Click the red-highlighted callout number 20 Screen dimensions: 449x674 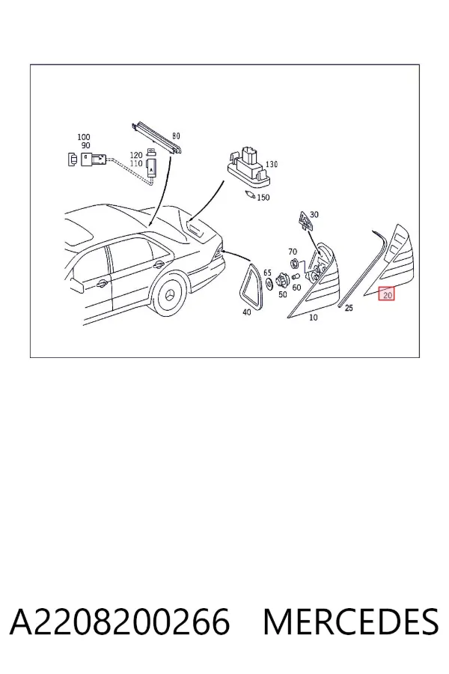tap(387, 295)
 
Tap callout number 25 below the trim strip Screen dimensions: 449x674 tap(349, 308)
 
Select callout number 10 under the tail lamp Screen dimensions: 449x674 tap(314, 318)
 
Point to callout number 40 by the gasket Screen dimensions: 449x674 tap(246, 312)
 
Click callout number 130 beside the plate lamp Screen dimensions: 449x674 tap(272, 164)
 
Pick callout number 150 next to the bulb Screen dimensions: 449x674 tap(263, 197)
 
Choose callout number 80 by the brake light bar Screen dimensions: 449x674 tap(176, 136)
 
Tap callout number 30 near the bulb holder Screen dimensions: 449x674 tap(314, 214)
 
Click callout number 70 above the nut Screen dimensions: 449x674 tap(293, 252)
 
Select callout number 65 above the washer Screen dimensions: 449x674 tap(267, 273)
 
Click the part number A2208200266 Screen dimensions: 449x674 tap(120, 622)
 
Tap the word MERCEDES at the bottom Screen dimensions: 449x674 tap(351, 622)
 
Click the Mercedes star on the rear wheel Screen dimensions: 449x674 tap(171, 296)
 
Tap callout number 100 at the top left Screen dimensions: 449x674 tap(84, 137)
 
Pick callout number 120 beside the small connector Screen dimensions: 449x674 tap(135, 155)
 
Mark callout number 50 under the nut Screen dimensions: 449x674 tap(282, 294)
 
